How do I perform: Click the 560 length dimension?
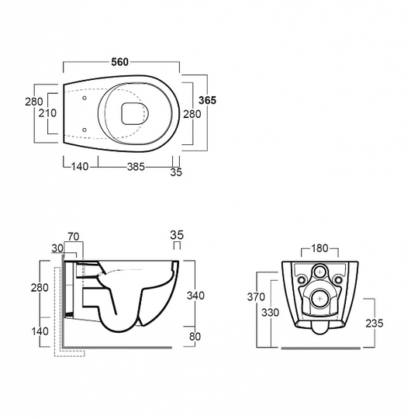[x=120, y=62]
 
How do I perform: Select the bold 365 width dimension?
[x=207, y=100]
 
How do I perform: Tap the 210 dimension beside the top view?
[x=47, y=113]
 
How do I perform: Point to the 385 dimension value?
[x=136, y=167]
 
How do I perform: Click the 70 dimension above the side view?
[x=74, y=237]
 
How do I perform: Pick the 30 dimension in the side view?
[x=57, y=248]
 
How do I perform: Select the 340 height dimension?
[x=195, y=296]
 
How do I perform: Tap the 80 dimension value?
[x=195, y=337]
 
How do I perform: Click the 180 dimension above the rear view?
[x=319, y=248]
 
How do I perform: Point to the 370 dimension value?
[x=256, y=297]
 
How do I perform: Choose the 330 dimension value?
[x=270, y=313]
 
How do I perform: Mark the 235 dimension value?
[x=375, y=324]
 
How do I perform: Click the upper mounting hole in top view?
[x=85, y=98]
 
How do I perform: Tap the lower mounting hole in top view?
[x=85, y=130]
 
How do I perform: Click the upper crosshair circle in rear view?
[x=319, y=272]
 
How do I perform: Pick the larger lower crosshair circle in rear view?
[x=319, y=299]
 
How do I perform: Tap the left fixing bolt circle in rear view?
[x=302, y=280]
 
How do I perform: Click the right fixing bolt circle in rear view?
[x=338, y=280]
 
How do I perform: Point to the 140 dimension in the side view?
[x=40, y=331]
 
